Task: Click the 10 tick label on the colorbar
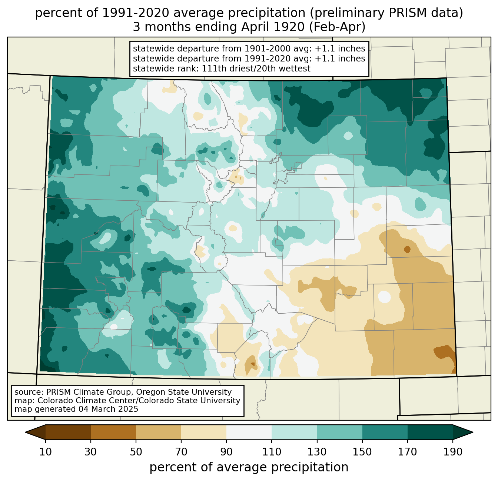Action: click(x=46, y=452)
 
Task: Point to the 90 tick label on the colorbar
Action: click(x=226, y=452)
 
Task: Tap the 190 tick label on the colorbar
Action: click(x=452, y=452)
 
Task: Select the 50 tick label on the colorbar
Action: click(x=136, y=452)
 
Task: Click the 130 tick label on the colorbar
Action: click(x=317, y=452)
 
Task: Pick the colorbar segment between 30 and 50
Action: click(x=113, y=432)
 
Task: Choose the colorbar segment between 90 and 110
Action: click(x=249, y=432)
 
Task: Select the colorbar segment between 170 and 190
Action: click(x=430, y=432)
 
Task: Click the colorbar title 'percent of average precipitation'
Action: click(x=249, y=467)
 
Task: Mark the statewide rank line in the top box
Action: click(x=222, y=69)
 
